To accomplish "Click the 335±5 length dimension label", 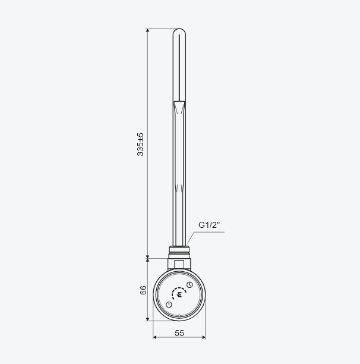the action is click(x=140, y=145).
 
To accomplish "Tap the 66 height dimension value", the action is click(x=143, y=290).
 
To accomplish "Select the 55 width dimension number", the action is click(x=179, y=333).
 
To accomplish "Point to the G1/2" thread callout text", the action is click(x=209, y=225).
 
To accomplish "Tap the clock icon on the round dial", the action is click(x=190, y=285).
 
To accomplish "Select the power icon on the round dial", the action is click(x=169, y=305).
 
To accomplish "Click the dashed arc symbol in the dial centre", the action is click(x=179, y=293).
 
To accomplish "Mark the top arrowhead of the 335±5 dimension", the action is click(x=148, y=31).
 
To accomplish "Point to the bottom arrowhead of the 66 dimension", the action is click(x=148, y=319).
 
